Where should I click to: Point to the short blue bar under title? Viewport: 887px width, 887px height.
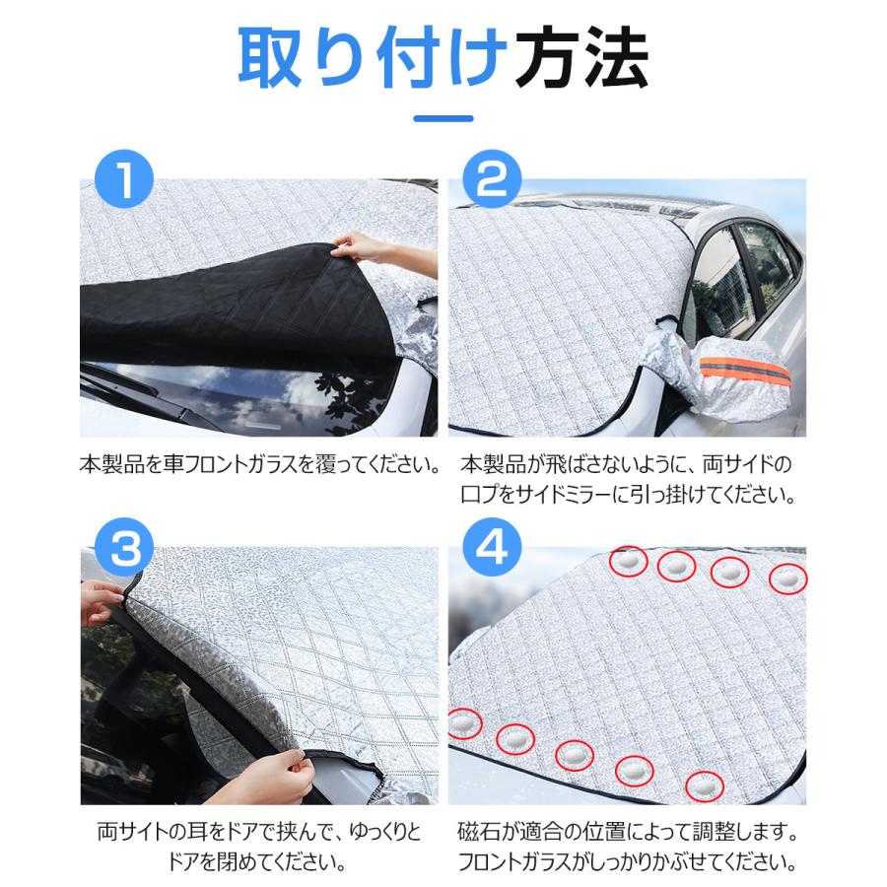coord(443,119)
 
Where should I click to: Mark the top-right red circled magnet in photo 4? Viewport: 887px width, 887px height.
coord(787,580)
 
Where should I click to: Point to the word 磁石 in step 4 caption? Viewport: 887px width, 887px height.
coord(477,833)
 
